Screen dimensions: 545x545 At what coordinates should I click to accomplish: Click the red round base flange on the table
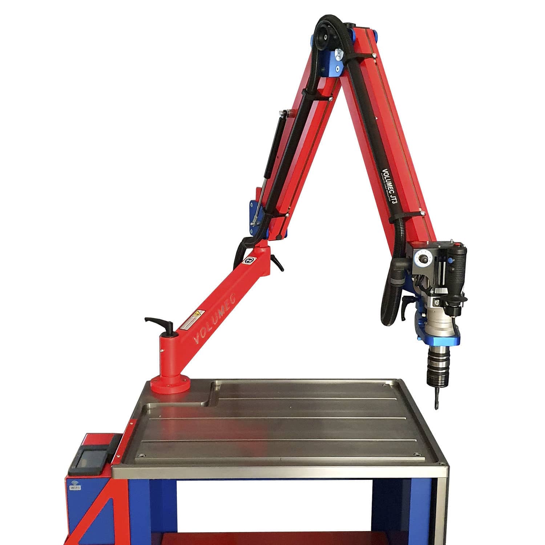[x=170, y=385]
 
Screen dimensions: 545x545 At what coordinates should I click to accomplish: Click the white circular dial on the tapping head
[x=422, y=259]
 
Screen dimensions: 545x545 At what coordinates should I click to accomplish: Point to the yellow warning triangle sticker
[x=198, y=313]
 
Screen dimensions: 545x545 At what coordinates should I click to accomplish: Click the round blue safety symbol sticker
[x=250, y=260]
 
